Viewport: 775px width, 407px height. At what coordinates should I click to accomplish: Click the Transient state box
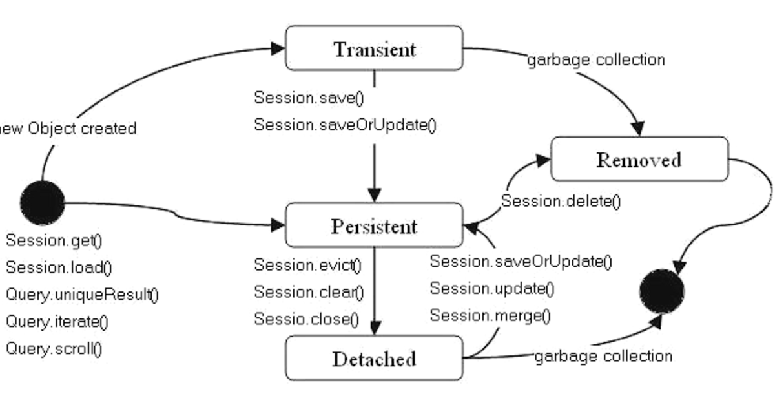pos(375,48)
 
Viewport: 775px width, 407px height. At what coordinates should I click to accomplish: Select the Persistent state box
pos(375,225)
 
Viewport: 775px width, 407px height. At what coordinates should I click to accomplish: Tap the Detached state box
pos(375,358)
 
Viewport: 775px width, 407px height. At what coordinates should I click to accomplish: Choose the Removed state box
pos(640,159)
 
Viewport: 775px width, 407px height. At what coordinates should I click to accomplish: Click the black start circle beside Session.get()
pos(42,203)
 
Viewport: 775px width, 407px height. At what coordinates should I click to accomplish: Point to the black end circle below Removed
pos(662,291)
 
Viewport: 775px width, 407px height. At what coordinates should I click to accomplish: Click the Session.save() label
pos(309,98)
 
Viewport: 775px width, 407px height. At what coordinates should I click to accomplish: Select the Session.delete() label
pos(561,201)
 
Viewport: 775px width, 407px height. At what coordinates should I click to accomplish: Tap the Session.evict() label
pos(307,266)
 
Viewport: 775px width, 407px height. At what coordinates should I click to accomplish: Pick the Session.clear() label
pos(309,293)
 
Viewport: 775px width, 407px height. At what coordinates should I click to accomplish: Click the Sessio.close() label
pos(307,319)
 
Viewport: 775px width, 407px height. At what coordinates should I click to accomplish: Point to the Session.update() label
pos(492,289)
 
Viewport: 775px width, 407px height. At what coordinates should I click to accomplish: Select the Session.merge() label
pos(490,316)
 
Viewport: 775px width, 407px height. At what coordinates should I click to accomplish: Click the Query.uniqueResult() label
pos(83,295)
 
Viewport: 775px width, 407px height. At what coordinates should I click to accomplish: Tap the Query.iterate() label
pos(57,322)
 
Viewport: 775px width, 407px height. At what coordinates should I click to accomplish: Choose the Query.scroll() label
pos(54,349)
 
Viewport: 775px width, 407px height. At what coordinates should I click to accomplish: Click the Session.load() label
pos(59,268)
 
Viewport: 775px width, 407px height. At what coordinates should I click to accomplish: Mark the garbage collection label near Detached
pos(603,357)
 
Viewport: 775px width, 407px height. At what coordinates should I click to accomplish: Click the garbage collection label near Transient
pos(596,60)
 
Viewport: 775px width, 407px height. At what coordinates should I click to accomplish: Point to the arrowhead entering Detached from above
pos(375,328)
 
